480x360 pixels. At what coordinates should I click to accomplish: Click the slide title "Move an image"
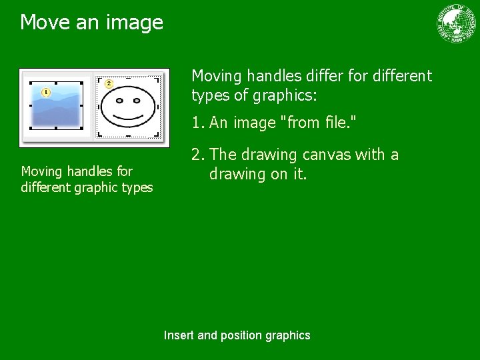click(x=91, y=23)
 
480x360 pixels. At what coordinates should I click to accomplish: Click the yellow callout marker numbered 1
click(x=46, y=92)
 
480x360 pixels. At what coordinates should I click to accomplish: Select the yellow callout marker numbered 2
click(x=109, y=83)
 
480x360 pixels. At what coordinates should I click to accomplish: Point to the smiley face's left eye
click(x=120, y=101)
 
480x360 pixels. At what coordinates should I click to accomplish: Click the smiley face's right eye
click(x=141, y=101)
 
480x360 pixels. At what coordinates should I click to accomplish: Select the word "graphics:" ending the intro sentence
click(x=285, y=95)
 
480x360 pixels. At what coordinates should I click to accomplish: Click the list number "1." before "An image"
click(x=198, y=123)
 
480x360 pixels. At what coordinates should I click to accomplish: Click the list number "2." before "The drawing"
click(x=198, y=155)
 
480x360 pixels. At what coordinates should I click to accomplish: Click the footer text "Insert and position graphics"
click(x=237, y=335)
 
